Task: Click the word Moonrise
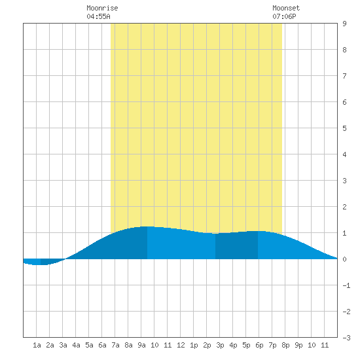pyautogui.click(x=102, y=8)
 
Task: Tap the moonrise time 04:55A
pyautogui.click(x=98, y=16)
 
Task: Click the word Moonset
pyautogui.click(x=286, y=8)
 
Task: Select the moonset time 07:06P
pyautogui.click(x=284, y=16)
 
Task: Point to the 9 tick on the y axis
pyautogui.click(x=344, y=24)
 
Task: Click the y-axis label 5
pyautogui.click(x=344, y=128)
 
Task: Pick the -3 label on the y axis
pyautogui.click(x=346, y=338)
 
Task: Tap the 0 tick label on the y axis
pyautogui.click(x=344, y=259)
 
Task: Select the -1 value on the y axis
pyautogui.click(x=346, y=285)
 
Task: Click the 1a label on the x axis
pyautogui.click(x=37, y=345)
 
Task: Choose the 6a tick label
pyautogui.click(x=102, y=345)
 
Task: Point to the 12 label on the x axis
pyautogui.click(x=181, y=345)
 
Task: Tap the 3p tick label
pyautogui.click(x=220, y=345)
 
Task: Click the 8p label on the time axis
pyautogui.click(x=285, y=345)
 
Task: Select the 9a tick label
pyautogui.click(x=141, y=345)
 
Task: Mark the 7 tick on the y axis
pyautogui.click(x=344, y=76)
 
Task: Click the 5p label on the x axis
pyautogui.click(x=246, y=345)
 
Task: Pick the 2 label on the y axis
pyautogui.click(x=344, y=207)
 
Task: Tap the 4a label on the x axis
pyautogui.click(x=76, y=345)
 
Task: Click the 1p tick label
pyautogui.click(x=194, y=345)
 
